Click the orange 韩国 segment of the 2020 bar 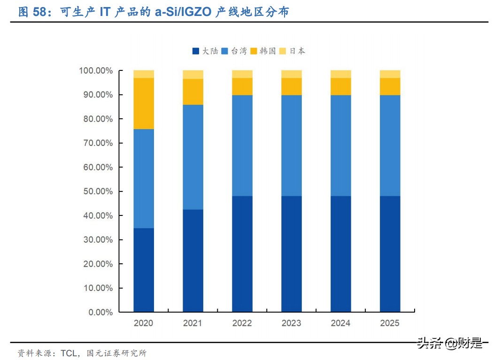coord(144,103)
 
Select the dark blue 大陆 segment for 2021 coord(193,260)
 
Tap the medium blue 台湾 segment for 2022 coord(242,146)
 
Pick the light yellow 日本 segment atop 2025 coord(390,74)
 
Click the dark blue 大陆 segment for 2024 coord(341,253)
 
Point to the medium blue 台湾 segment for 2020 coord(144,178)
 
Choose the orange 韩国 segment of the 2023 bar coord(292,86)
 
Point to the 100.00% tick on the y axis coord(96,70)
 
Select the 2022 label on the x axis coord(242,323)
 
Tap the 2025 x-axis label coord(390,323)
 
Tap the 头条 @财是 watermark coord(449,344)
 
